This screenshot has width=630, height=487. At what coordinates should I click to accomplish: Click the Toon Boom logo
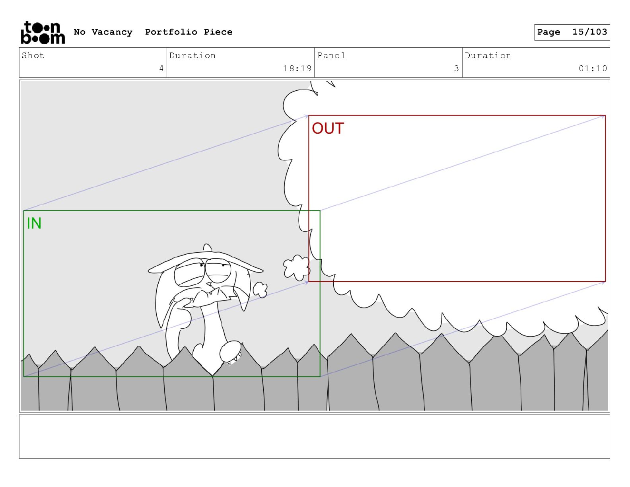pos(43,33)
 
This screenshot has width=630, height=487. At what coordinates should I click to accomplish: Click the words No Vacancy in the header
pos(103,32)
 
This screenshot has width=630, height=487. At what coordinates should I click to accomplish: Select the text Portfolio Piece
pos(189,32)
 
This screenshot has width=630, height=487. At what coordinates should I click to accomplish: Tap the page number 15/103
pos(589,32)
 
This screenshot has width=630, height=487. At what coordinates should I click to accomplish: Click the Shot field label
pos(33,56)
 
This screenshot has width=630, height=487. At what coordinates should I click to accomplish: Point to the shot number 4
pos(161,68)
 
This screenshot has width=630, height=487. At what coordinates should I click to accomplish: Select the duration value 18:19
pos(297,68)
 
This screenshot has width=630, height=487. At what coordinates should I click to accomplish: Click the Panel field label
pos(331,56)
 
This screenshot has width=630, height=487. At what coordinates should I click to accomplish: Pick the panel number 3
pos(457,68)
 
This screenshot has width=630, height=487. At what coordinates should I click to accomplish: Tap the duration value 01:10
pos(593,68)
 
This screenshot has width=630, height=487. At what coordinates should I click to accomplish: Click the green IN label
pos(34,224)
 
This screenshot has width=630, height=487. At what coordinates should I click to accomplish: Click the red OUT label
pos(328,129)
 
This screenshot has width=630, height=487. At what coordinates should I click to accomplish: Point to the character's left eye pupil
pos(202,265)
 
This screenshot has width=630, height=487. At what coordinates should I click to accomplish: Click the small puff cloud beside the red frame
pos(296,267)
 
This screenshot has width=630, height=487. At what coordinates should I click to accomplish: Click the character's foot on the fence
pos(230,351)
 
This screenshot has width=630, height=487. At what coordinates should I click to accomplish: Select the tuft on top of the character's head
pos(207,248)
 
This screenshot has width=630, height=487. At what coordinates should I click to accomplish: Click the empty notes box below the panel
pos(314,436)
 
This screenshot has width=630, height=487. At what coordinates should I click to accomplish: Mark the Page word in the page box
pos(548,32)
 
